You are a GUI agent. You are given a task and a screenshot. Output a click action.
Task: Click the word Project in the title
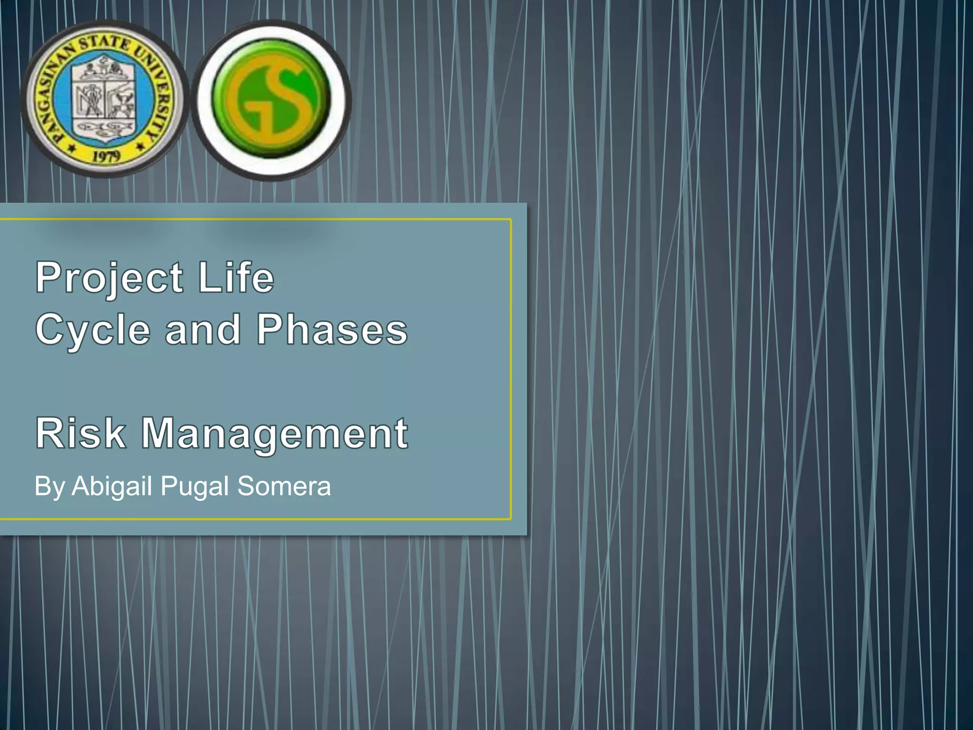(109, 278)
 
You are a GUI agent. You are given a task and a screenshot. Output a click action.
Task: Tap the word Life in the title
(236, 278)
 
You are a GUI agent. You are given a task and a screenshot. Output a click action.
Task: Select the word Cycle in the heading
(93, 330)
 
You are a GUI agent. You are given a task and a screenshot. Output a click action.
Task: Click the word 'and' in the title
(203, 330)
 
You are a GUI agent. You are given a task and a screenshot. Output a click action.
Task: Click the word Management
(275, 434)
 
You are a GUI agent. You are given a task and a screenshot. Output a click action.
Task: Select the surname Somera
(284, 486)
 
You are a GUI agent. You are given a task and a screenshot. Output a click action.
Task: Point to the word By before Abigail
(49, 487)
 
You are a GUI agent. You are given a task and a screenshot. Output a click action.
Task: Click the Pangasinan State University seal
(104, 99)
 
